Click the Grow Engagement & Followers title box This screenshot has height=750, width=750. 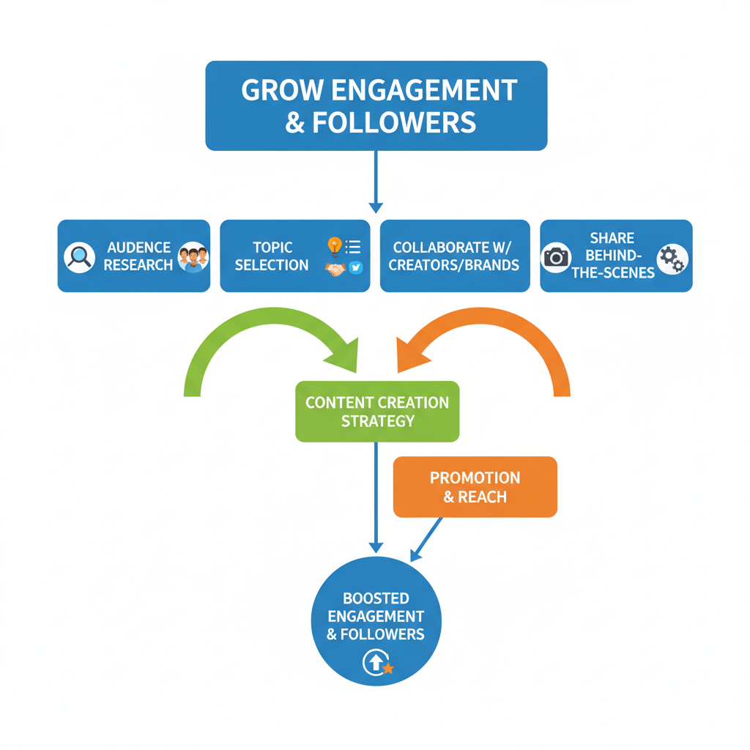(376, 105)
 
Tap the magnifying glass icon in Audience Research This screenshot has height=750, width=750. (78, 256)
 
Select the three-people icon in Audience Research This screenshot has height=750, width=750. (193, 257)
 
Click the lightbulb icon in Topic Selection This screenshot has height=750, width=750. (335, 246)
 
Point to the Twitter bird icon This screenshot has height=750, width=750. (356, 268)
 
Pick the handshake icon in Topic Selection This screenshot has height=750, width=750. (335, 269)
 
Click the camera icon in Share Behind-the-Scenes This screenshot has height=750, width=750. (557, 257)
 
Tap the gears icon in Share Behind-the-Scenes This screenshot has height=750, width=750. (672, 259)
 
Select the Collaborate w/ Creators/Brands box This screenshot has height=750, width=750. (455, 256)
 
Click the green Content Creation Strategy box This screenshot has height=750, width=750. (377, 411)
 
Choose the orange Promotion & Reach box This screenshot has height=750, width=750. (475, 487)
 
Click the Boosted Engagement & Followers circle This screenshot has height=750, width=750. (376, 621)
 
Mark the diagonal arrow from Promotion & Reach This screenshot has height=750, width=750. (427, 539)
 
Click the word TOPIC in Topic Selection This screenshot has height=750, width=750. (272, 248)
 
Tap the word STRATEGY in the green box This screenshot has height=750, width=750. (377, 421)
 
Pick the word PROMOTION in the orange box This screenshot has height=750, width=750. (475, 478)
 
